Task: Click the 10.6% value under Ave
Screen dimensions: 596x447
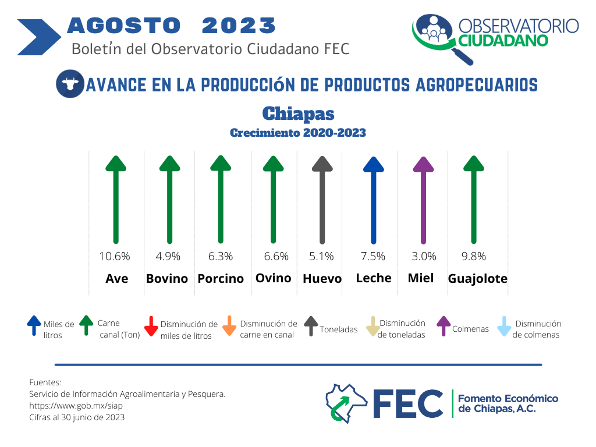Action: tap(115, 257)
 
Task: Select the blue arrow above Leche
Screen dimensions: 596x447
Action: tap(374, 200)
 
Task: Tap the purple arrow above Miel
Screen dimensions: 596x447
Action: tap(424, 200)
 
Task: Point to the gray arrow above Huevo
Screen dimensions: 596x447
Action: tap(322, 200)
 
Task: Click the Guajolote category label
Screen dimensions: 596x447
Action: tap(477, 279)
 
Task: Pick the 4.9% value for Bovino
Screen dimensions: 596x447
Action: tap(168, 257)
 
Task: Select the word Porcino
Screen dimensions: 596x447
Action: tap(221, 279)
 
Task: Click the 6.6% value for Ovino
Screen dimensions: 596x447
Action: tap(276, 257)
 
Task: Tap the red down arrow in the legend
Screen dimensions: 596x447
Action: tap(151, 326)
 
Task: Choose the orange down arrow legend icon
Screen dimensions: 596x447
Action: tap(229, 326)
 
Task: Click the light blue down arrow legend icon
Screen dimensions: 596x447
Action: tap(504, 326)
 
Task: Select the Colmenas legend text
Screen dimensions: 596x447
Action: tap(470, 329)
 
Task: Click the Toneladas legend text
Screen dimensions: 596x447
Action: tap(338, 329)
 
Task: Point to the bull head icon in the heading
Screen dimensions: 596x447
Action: tap(70, 84)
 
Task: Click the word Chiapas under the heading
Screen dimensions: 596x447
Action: tap(299, 113)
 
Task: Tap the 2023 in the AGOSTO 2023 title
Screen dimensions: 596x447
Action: tap(239, 26)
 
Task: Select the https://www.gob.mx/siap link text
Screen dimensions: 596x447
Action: tap(76, 406)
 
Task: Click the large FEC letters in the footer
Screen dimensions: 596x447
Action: tap(408, 404)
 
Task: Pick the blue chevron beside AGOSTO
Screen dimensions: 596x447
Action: tap(39, 37)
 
